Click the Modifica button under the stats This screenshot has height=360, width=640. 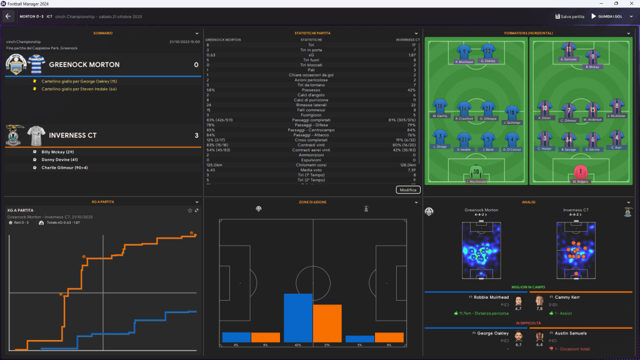pos(408,189)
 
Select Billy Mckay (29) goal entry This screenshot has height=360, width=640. pos(57,152)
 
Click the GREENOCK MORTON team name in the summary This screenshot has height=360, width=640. pos(84,64)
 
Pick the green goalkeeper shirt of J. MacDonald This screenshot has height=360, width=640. pos(477,172)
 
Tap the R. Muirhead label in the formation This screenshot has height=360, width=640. pos(463,62)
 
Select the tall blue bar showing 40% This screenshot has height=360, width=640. pos(298,319)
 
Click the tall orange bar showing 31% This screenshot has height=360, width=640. pos(327,324)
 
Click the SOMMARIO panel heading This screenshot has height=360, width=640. pos(103,32)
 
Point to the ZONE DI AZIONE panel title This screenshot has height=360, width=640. pos(312,202)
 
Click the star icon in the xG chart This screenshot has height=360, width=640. pos(190,210)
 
